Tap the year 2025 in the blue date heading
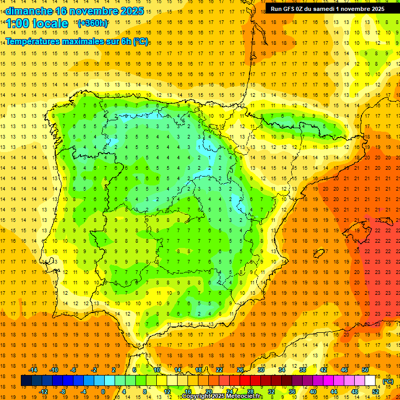coord(128,11)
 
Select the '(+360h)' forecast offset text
coord(92,23)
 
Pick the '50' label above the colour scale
coord(365,370)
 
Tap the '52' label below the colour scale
coord(376,392)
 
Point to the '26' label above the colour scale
coord(240,370)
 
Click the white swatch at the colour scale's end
coord(370,381)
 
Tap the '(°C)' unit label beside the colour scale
coord(387,381)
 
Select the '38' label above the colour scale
coord(303,370)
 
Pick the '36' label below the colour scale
coord(292,392)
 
